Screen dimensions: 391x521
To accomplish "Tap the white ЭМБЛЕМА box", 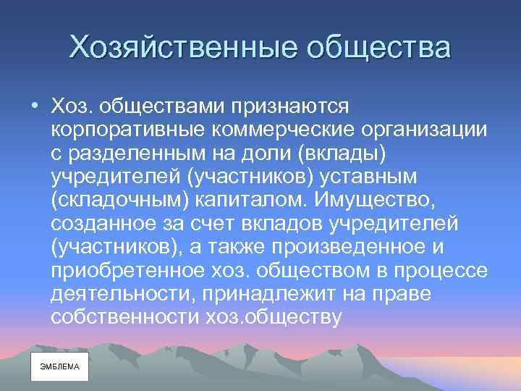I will pos(59,366).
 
